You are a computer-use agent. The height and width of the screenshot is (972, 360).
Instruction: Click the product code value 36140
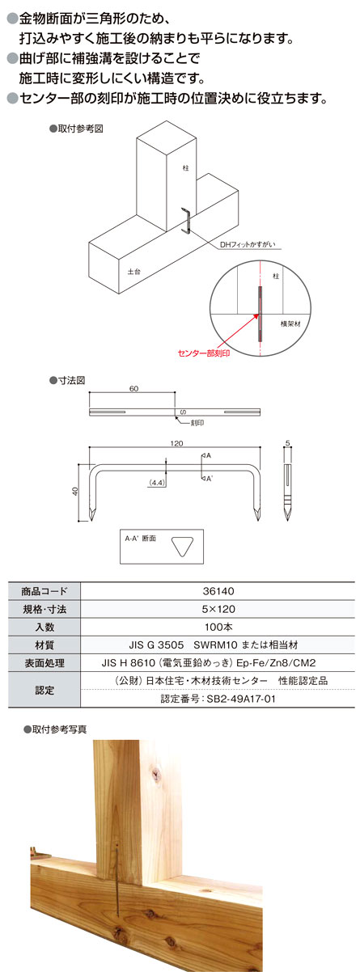click(218, 591)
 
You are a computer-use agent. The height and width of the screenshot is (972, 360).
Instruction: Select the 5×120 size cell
click(218, 609)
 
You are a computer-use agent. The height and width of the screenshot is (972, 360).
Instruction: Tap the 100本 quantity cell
click(218, 627)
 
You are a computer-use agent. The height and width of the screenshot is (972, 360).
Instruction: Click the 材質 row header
click(44, 645)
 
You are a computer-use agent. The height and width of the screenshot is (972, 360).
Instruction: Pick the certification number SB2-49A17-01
click(218, 699)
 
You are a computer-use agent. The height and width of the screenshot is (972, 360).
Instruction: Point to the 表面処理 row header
click(44, 663)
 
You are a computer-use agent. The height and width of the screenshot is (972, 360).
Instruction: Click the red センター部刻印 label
click(204, 353)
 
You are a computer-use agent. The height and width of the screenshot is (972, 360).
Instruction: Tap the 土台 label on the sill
click(134, 272)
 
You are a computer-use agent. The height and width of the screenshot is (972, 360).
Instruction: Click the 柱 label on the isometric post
click(186, 168)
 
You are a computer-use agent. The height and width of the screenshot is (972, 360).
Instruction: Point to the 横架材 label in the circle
click(290, 323)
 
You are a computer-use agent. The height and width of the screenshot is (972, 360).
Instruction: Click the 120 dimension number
click(176, 443)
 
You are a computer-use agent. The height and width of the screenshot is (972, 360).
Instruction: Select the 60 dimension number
click(133, 389)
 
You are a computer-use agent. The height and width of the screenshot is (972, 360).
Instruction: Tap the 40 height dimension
click(74, 492)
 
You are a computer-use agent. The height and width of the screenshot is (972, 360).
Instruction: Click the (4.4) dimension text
click(156, 483)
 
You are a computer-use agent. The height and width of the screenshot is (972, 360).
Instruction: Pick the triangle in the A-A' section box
click(181, 547)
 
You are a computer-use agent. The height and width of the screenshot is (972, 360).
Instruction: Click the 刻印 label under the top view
click(197, 423)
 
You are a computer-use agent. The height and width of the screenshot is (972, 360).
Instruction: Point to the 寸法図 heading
click(67, 381)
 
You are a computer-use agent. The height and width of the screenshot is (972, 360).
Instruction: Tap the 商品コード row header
click(44, 591)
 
